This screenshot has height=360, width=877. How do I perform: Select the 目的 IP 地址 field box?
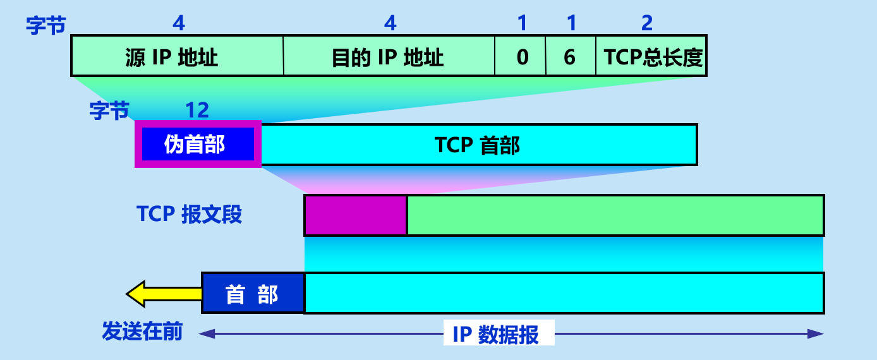[x=389, y=57]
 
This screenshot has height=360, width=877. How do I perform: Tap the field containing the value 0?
[x=521, y=57]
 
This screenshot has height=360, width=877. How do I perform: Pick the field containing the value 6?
[x=570, y=57]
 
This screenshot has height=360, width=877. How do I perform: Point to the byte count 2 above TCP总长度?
[x=646, y=23]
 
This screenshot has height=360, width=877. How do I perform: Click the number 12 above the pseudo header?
[x=197, y=110]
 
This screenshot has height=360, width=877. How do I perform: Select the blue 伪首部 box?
[x=197, y=144]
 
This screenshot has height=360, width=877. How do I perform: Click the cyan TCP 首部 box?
[x=478, y=145]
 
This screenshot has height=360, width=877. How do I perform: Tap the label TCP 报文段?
[x=189, y=214]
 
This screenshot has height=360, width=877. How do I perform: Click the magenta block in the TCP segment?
[x=356, y=215]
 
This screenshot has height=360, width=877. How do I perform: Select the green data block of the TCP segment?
[x=615, y=215]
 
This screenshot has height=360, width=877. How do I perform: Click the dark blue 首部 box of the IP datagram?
[x=252, y=294]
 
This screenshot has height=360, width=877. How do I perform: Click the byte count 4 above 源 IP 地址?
[x=179, y=23]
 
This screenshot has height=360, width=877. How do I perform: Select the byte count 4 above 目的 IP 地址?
[x=390, y=23]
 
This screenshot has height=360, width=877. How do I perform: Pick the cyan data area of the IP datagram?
[x=564, y=293]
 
